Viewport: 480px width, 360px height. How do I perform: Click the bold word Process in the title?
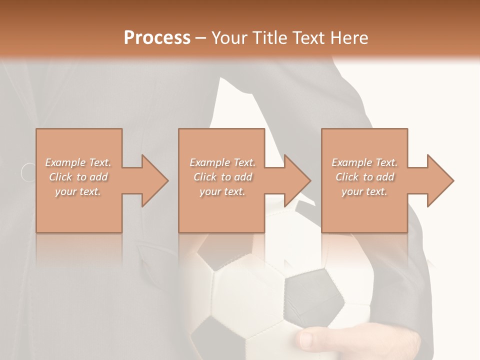(157, 38)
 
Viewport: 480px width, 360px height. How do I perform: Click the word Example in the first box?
(65, 162)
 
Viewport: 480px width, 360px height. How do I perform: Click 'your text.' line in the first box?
(78, 191)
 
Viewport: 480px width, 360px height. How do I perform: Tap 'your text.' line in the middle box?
(222, 191)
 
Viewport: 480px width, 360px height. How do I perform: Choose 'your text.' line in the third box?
(364, 191)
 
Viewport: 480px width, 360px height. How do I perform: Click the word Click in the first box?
(60, 177)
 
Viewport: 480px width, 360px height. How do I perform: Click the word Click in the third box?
(347, 177)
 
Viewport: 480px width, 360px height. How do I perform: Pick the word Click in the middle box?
(205, 177)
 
